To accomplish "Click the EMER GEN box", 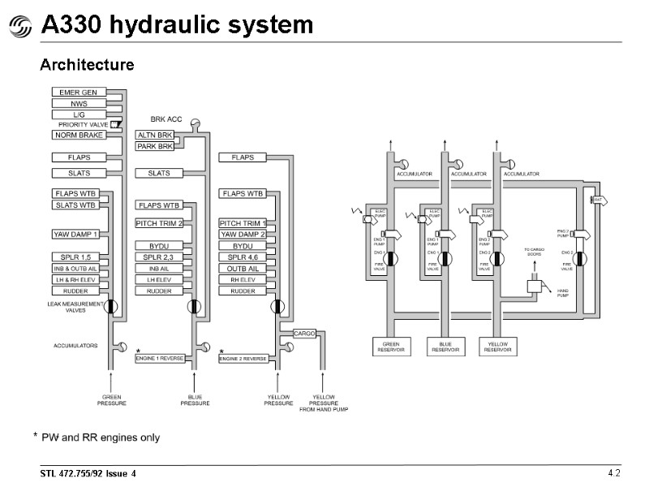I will point(78,93).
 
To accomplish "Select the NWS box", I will point(78,104).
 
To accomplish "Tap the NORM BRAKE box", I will point(78,136).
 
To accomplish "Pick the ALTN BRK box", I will point(154,136).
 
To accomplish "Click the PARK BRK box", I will point(154,147).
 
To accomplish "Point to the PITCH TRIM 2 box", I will point(159,223).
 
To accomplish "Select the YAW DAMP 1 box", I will point(76,235).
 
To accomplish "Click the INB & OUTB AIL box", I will point(76,269).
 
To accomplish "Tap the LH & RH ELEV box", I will point(76,280).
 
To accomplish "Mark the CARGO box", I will point(304,334).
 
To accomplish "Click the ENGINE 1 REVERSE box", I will point(160,358).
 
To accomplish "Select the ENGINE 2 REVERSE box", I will point(243,358).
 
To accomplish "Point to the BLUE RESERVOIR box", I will point(446,347).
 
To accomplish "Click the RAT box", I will point(598,199).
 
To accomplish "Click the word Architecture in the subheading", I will point(87,64).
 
